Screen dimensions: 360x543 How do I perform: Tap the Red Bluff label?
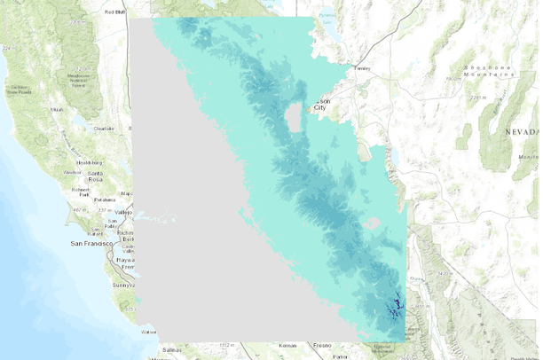[x=114, y=12]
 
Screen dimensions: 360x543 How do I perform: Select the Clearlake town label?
[x=104, y=128]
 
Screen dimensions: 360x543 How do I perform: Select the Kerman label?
[x=287, y=344]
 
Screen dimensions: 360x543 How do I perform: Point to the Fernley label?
[x=362, y=67]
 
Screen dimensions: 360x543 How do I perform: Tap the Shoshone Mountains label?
[x=488, y=71]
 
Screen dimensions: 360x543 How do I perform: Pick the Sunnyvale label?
[x=122, y=286]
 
